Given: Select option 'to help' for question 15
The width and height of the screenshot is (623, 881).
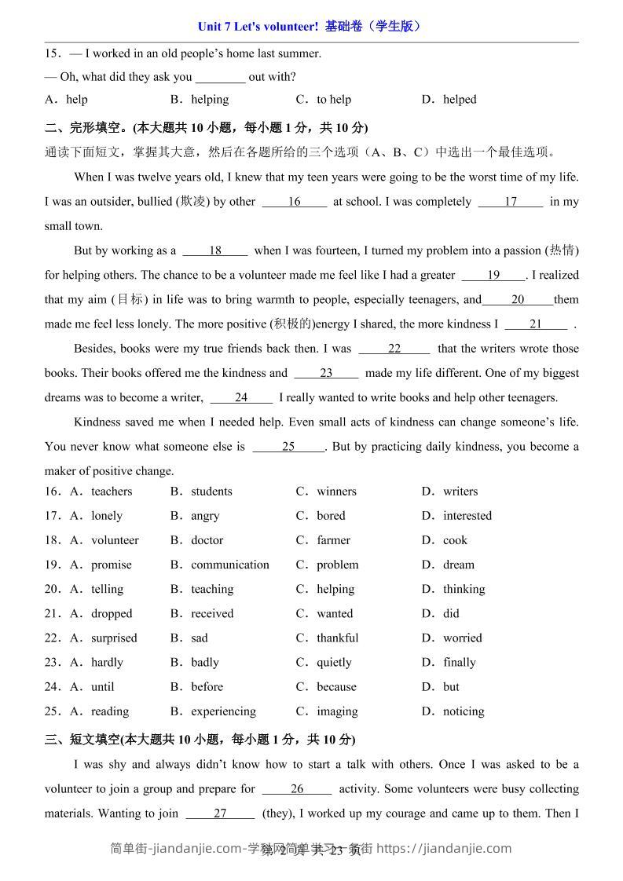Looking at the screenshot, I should coord(333,100).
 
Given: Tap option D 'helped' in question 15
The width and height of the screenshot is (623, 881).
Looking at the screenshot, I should coord(460,100).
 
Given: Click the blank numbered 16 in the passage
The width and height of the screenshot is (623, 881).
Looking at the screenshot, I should coord(295,202).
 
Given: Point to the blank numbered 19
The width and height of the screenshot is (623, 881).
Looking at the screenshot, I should coord(493,276).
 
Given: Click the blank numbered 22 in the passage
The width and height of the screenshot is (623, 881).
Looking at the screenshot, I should coord(394,349).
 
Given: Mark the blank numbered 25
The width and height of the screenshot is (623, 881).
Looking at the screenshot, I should coord(288,447).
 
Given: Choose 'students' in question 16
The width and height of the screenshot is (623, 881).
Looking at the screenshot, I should coord(211,492).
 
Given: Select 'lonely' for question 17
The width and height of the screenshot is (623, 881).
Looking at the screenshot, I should coord(107,516).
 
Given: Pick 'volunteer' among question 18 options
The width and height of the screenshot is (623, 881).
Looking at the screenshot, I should coord(115,540).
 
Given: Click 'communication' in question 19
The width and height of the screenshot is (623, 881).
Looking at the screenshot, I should coord(229,565).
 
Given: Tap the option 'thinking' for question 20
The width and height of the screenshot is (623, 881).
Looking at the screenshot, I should coord(464,589).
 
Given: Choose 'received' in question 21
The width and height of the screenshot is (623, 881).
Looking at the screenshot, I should coord(212,613).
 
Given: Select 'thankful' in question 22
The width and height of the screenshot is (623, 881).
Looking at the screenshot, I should coord(337,638).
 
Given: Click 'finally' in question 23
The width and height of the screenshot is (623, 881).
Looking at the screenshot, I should coord(459,662).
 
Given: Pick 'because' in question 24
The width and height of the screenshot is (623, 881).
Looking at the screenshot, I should coord(336,686).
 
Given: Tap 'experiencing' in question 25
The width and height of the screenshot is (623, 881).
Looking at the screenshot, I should coord(223,711).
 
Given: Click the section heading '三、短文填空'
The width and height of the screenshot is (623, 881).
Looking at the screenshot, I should coord(82,740).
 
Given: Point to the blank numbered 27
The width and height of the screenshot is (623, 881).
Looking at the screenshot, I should coord(220,813).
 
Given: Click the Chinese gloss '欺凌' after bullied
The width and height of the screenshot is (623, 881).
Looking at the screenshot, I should coord(192,202).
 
